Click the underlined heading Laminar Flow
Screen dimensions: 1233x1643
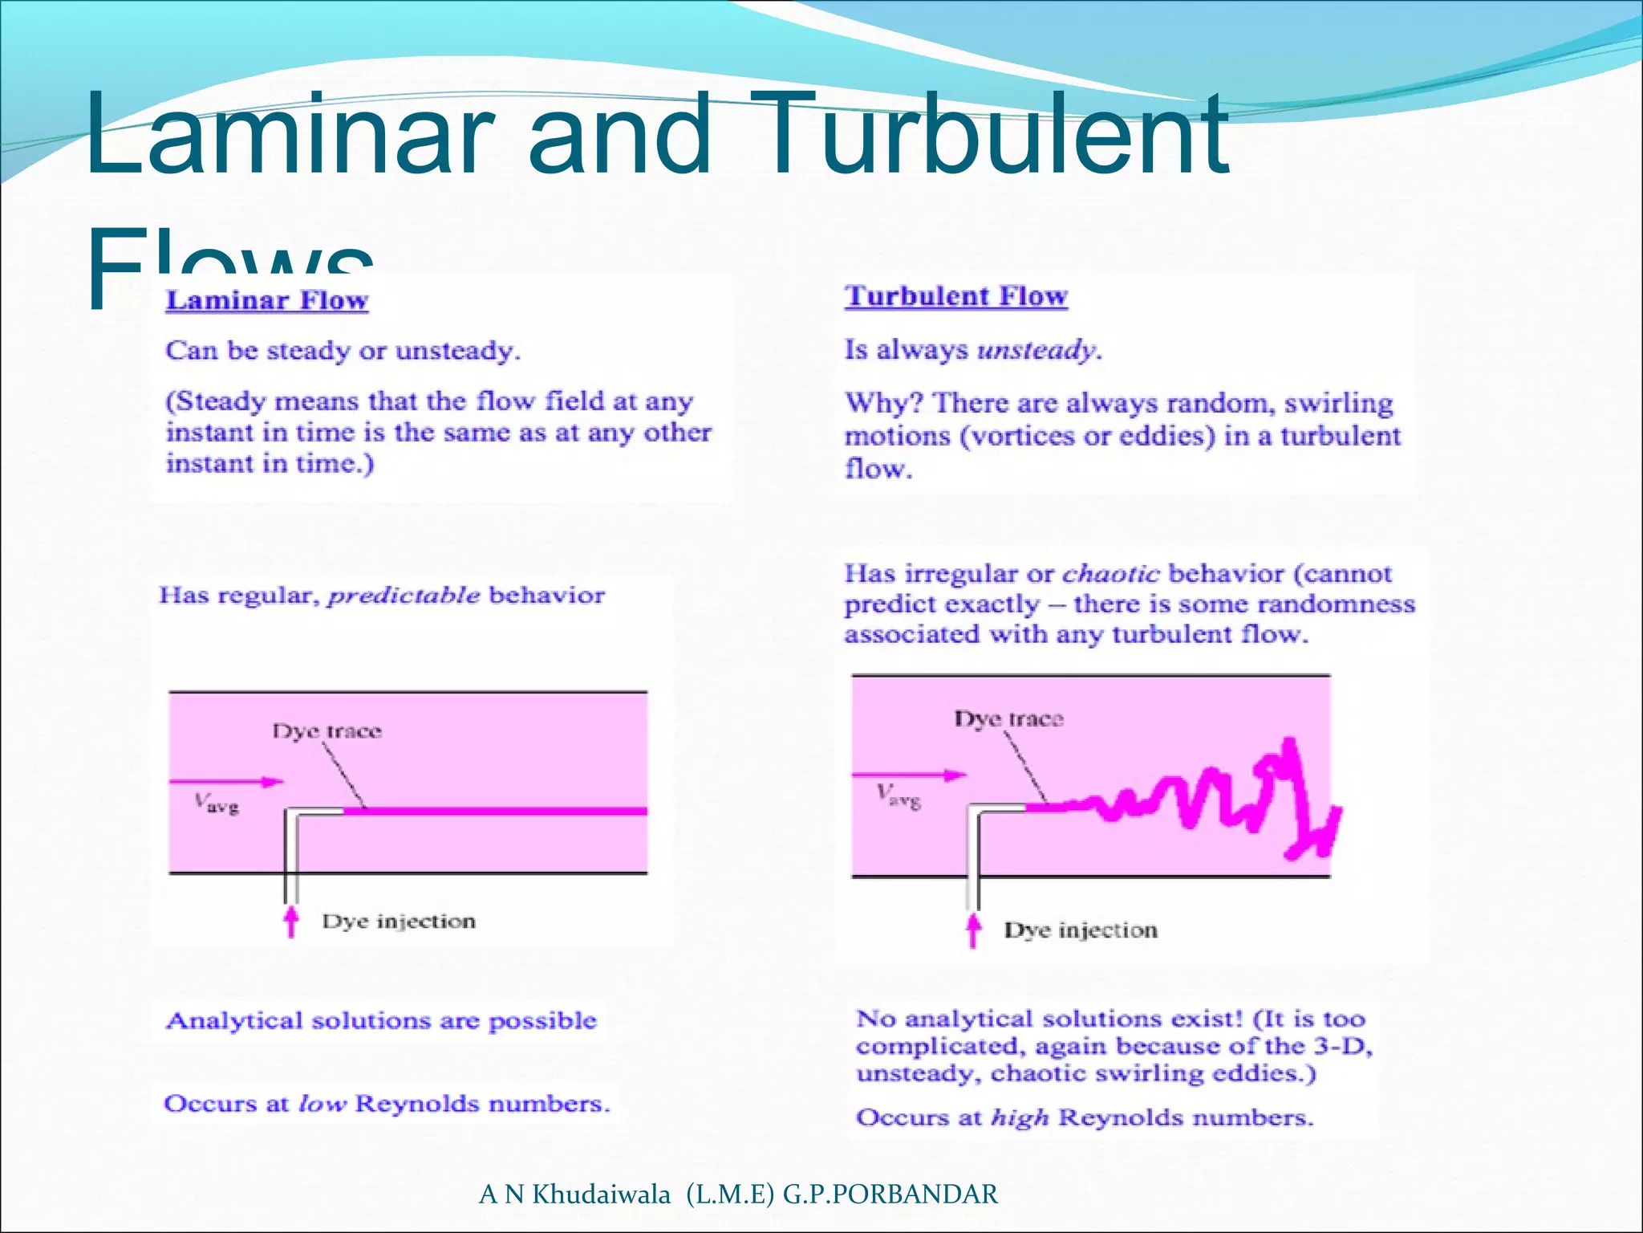point(266,301)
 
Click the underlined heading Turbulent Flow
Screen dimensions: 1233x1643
point(955,296)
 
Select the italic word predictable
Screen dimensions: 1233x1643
point(404,596)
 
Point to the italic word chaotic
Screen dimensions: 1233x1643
point(1110,574)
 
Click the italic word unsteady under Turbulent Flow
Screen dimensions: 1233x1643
point(1038,350)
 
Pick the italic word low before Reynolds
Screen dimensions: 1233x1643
point(322,1105)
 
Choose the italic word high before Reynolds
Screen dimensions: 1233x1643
point(1019,1118)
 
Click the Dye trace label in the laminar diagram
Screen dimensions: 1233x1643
point(327,731)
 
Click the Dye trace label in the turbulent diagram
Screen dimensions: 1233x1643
point(1008,718)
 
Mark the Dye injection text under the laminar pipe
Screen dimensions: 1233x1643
point(399,922)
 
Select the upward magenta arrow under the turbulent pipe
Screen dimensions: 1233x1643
point(973,930)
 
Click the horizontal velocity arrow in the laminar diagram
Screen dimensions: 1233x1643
point(226,781)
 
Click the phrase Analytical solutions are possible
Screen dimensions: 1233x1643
point(381,1021)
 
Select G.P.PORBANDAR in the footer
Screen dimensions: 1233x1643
point(890,1194)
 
